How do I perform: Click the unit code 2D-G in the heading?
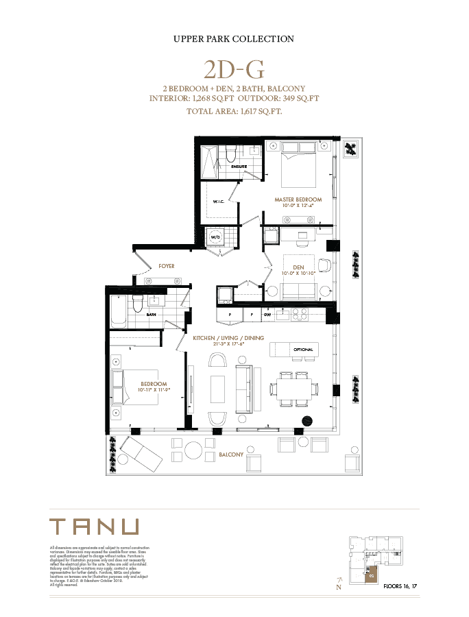coord(234,69)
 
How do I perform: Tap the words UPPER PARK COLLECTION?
coord(234,39)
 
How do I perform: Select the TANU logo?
coord(95,527)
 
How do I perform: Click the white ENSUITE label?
coord(239,167)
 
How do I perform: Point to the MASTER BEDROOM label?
coord(298,199)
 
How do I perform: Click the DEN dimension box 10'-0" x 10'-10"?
coord(298,272)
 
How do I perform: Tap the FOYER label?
coord(166,265)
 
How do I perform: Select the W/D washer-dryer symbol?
coord(217,237)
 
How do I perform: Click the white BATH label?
coord(151,315)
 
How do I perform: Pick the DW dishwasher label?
coord(268,315)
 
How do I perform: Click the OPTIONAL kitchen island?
coord(294,349)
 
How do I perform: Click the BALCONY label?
coord(231,454)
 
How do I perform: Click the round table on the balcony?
coord(193,450)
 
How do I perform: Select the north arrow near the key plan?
coord(339,584)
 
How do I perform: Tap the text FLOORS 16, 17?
coord(400,587)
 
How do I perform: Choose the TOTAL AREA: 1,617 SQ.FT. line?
coord(234,110)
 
